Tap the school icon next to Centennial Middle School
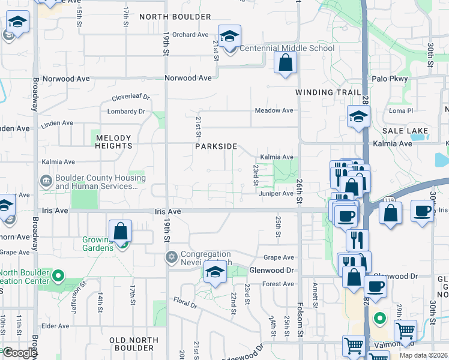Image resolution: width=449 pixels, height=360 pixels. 229,37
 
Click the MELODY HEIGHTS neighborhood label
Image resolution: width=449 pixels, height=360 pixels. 113,142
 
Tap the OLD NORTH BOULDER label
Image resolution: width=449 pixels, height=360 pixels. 134,344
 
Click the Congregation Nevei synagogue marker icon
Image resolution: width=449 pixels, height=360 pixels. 171,257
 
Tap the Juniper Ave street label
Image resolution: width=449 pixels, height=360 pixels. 276,193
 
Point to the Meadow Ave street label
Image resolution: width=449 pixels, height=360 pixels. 274,110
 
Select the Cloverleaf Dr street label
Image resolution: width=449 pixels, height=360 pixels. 130,98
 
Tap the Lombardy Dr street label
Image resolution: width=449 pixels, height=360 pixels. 126,112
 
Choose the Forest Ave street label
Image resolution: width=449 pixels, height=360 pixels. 278,284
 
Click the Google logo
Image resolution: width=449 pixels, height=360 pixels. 20,353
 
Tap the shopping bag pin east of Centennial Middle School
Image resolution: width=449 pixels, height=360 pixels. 285,62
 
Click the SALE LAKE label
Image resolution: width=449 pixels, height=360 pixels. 405,131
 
